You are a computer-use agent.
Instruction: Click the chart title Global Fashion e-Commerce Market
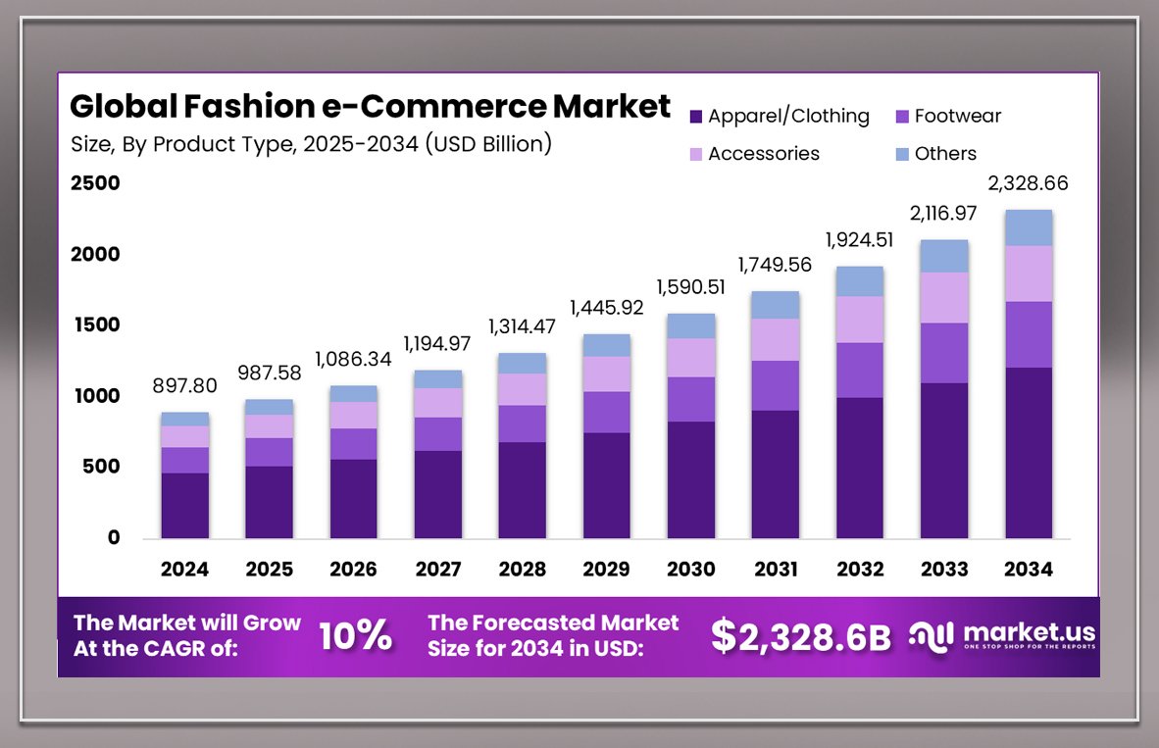coord(371,106)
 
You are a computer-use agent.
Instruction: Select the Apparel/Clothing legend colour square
coord(696,117)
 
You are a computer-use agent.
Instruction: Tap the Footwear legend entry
coord(947,117)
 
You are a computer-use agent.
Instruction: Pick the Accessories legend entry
coord(754,154)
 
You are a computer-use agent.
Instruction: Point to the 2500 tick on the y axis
coord(95,183)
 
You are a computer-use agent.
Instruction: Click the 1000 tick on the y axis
coord(95,396)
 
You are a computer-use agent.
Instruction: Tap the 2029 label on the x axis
coord(606,570)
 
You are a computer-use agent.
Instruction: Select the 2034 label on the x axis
coord(1029,570)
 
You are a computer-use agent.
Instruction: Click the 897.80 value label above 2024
coord(185,387)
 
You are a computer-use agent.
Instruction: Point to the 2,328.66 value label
coord(1029,183)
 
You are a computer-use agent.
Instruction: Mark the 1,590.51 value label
coord(690,288)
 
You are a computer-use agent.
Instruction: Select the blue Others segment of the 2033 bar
coord(944,256)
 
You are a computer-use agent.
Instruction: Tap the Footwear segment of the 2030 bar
coord(690,399)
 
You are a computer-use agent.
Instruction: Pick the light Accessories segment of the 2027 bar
coord(437,402)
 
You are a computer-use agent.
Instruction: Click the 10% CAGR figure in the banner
coord(355,636)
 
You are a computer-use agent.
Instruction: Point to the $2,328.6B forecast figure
coord(801,636)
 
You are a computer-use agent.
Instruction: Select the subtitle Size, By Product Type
coord(311,144)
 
